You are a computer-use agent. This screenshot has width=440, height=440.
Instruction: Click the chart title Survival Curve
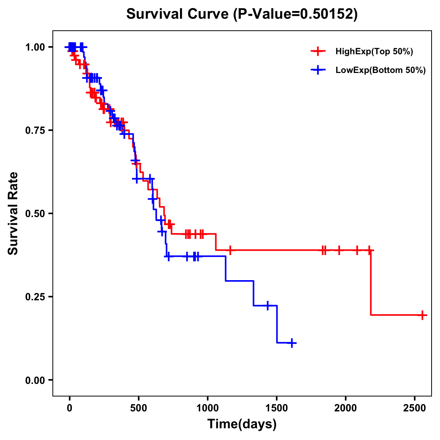click(x=242, y=14)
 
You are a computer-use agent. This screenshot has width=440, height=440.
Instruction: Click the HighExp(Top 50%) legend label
click(x=374, y=52)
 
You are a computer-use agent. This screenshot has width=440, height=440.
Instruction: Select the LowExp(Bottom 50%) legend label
click(x=381, y=70)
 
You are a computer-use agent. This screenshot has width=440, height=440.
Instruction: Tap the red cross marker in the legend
click(x=318, y=51)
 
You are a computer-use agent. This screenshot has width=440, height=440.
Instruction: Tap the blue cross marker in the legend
click(x=318, y=70)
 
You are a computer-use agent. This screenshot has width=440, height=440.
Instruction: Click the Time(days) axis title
click(x=242, y=424)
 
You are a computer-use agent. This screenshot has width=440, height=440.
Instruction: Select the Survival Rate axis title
click(x=13, y=213)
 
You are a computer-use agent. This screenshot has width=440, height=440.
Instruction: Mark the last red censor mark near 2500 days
click(x=422, y=315)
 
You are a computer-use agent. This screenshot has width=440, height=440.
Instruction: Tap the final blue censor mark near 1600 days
click(x=292, y=343)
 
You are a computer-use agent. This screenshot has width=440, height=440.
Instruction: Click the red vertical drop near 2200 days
click(x=371, y=282)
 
